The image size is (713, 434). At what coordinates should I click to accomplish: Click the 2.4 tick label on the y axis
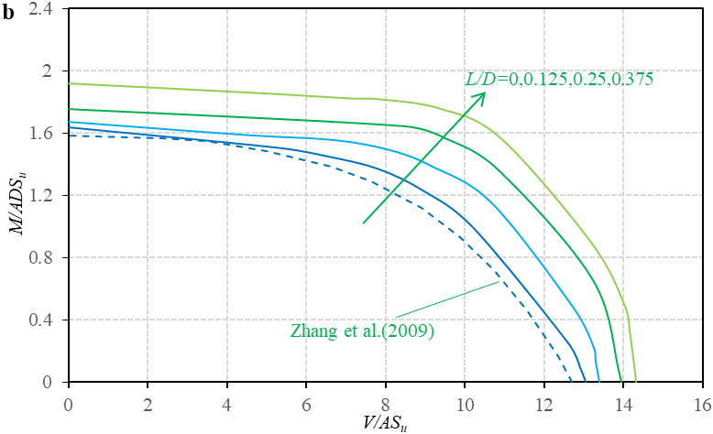41,9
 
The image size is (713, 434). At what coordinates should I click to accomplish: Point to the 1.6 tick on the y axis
41,134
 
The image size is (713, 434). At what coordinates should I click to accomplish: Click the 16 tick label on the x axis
702,403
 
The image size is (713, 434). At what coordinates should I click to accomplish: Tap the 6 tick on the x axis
306,403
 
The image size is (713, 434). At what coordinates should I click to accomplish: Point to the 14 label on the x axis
622,403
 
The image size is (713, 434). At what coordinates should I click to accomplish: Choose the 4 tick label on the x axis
226,403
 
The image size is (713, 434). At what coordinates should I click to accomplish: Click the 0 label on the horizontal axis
68,403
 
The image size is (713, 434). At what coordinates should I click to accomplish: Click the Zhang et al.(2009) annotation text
360,331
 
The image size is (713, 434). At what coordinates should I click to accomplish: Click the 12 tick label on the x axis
543,403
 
